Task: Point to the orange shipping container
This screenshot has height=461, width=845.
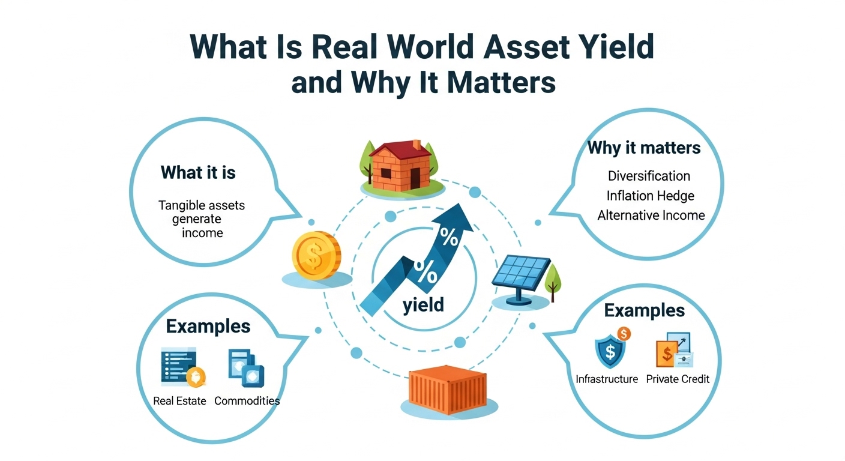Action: [x=449, y=389]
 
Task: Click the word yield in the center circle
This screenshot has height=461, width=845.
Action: [x=423, y=304]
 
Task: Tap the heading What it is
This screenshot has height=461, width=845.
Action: [x=198, y=173]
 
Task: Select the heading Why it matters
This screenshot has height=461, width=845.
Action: [x=644, y=148]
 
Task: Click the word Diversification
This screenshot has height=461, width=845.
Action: [x=649, y=176]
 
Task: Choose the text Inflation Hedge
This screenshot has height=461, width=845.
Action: [x=650, y=196]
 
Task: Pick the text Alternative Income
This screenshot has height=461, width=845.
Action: [x=651, y=215]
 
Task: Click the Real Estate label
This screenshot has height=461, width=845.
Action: [x=179, y=400]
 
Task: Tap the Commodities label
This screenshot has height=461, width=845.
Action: [x=247, y=400]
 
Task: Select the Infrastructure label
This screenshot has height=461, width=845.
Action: [x=607, y=379]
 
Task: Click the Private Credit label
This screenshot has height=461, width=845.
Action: [x=678, y=379]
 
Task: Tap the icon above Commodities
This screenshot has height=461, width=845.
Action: [x=246, y=367]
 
